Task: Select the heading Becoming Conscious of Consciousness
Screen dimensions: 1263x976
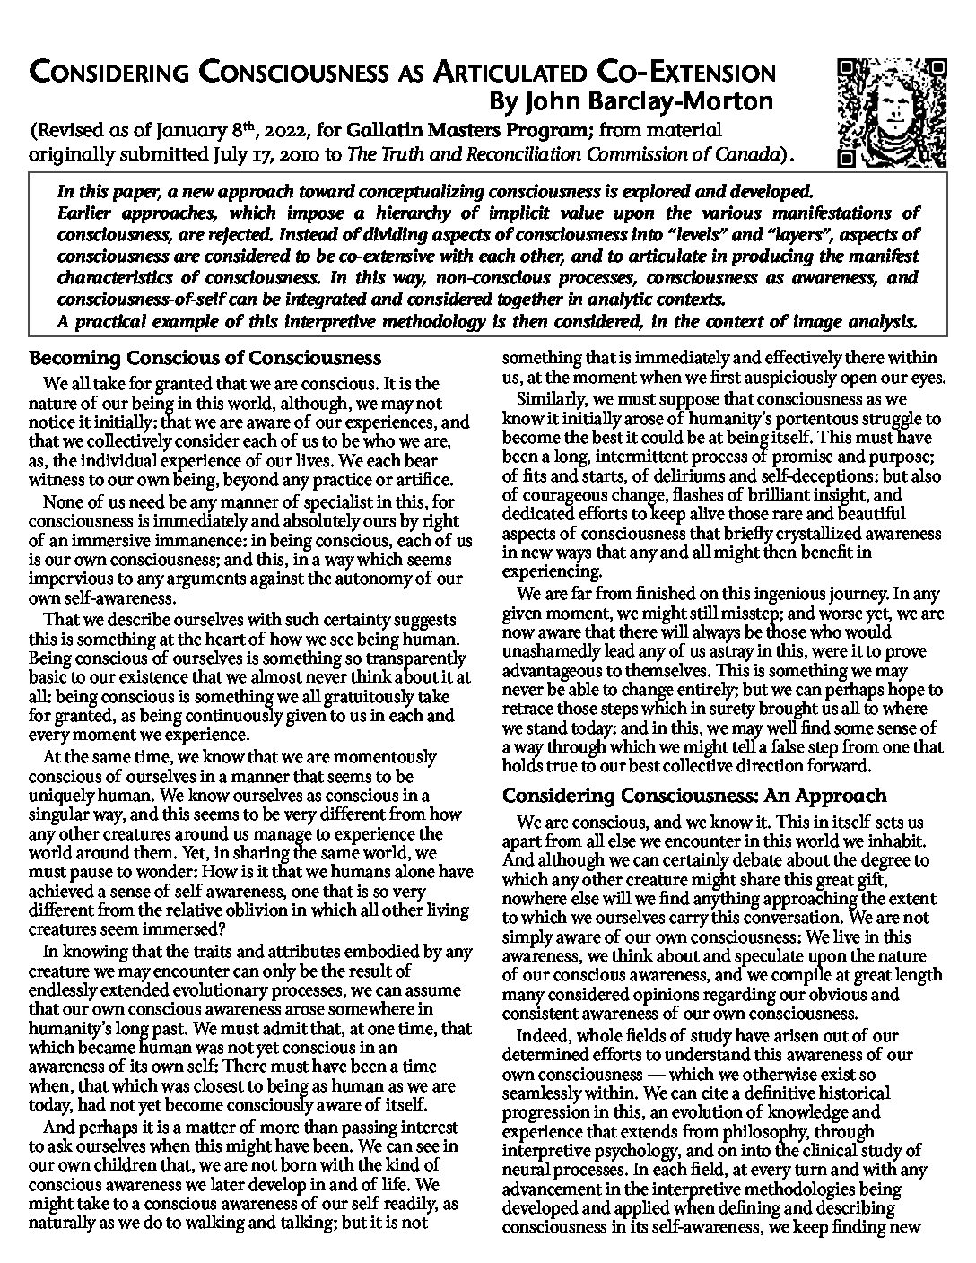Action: click(x=205, y=359)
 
